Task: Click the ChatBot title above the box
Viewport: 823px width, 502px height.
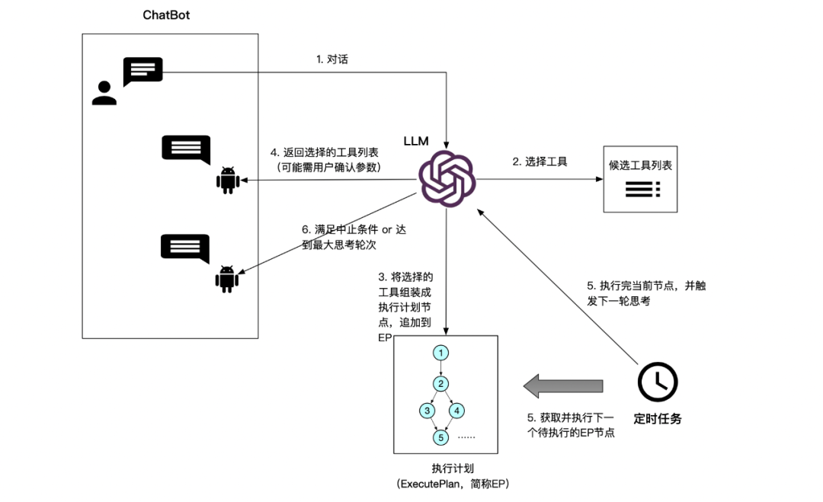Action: point(166,14)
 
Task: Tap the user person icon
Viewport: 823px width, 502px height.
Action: point(104,92)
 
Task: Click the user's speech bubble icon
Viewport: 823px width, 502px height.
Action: point(143,71)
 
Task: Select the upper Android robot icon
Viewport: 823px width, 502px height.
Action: point(227,180)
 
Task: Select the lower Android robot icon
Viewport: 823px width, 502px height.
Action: point(227,279)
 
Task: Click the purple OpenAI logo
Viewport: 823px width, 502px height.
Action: point(447,179)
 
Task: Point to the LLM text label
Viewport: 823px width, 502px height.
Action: point(416,141)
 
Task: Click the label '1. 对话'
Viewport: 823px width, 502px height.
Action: point(331,59)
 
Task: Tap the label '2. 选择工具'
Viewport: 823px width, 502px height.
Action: point(540,161)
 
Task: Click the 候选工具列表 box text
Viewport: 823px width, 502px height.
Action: point(640,165)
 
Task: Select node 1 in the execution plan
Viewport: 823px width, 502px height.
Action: point(440,353)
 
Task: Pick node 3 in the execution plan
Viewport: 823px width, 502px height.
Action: point(428,411)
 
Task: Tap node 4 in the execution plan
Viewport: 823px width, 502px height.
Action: point(457,411)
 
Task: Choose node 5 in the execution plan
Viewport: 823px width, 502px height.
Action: point(440,437)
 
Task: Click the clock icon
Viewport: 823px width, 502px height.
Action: point(658,382)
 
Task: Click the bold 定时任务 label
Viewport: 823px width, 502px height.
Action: point(657,419)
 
